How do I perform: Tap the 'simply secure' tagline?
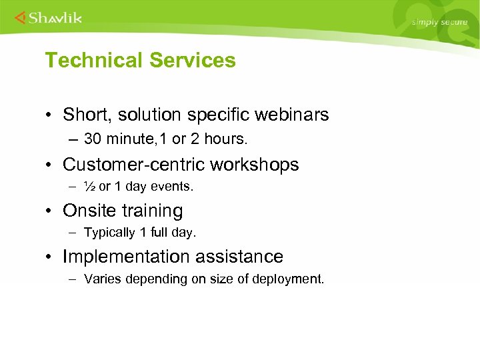(439, 22)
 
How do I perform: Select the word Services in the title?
(193, 61)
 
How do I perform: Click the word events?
(174, 187)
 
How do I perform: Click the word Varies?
(101, 279)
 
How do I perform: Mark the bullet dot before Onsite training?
(51, 211)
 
